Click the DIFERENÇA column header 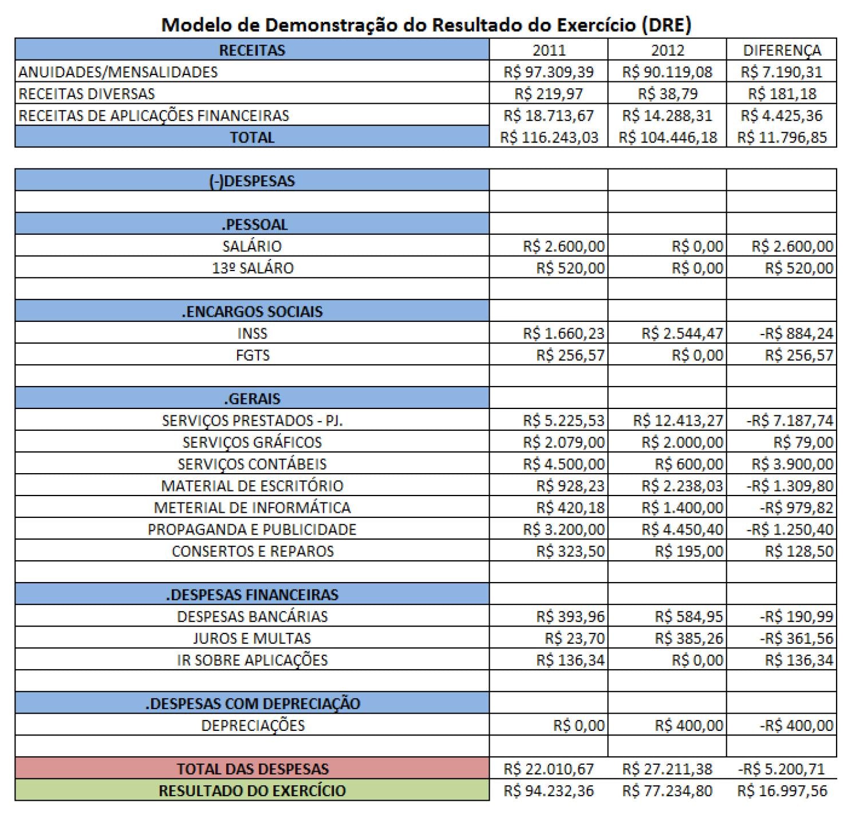[782, 50]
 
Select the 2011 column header [549, 50]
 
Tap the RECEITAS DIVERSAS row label [86, 93]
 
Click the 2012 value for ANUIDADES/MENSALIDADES [667, 72]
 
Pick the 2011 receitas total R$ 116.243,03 [549, 137]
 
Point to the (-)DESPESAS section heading [252, 181]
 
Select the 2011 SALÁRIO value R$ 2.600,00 [564, 246]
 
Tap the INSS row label [252, 333]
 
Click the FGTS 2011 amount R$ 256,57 [570, 355]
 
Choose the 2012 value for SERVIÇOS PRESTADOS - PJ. [678, 420]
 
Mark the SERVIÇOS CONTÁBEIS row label [252, 464]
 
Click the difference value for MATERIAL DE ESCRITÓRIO [790, 486]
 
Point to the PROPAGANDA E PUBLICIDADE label [252, 529]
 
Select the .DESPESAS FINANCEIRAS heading [252, 595]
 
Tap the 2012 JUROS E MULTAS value [689, 638]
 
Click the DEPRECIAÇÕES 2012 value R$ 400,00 [689, 725]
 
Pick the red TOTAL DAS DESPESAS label [252, 769]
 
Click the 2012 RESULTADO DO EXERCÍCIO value [667, 791]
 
